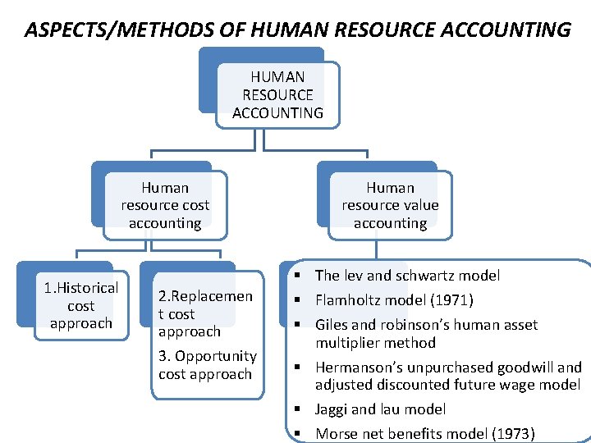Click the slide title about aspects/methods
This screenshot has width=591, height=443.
(297, 30)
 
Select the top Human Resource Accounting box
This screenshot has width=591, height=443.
(277, 95)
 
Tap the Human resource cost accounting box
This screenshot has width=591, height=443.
(165, 205)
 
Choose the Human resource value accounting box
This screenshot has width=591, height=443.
(390, 205)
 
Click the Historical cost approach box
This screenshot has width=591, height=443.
(81, 305)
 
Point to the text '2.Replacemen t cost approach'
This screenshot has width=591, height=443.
(205, 313)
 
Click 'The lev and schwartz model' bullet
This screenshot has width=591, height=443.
(407, 276)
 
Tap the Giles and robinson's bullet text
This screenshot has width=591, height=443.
(426, 333)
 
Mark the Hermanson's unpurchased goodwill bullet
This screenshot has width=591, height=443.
(448, 376)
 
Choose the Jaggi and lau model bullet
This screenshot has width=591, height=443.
(381, 409)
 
